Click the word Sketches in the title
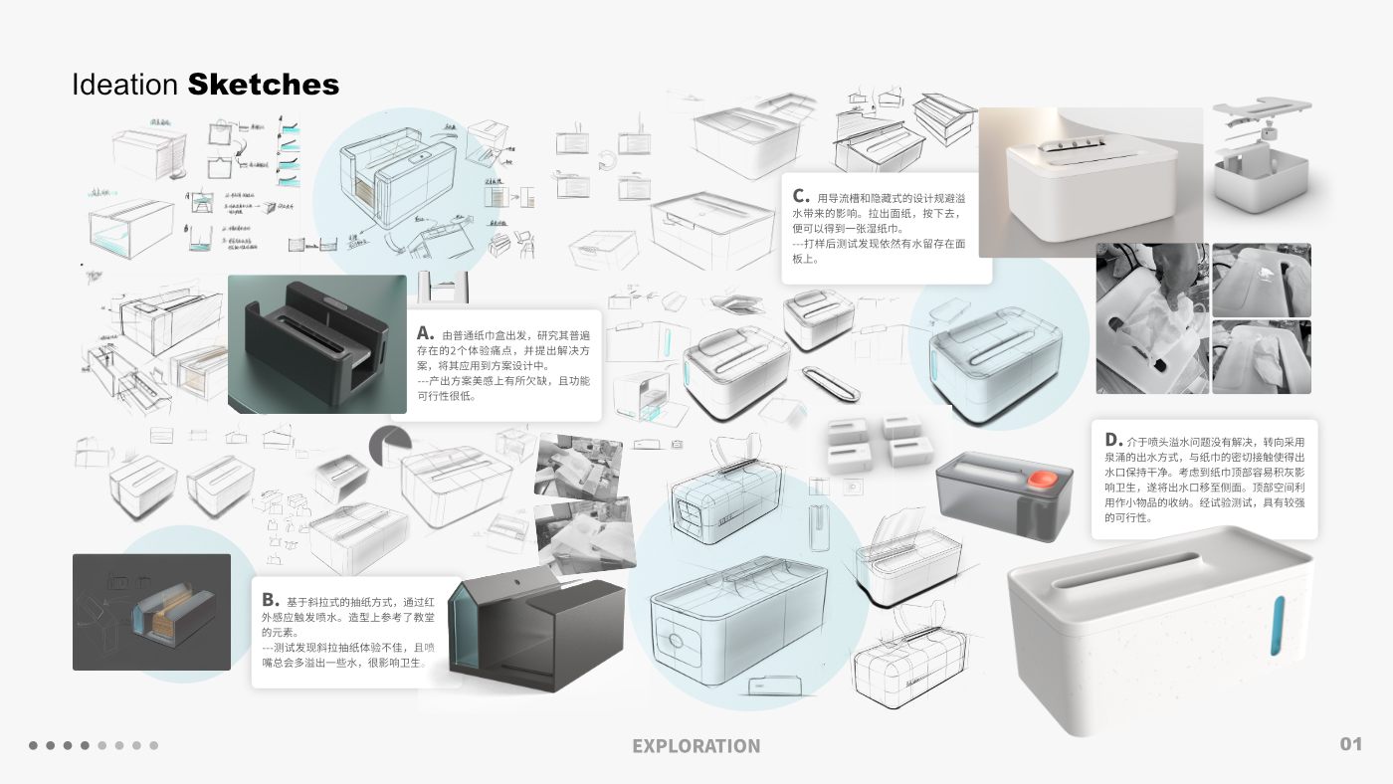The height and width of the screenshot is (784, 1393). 264,85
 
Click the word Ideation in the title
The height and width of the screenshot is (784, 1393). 124,85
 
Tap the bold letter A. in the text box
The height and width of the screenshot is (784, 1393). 425,333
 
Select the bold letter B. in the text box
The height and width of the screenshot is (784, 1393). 270,600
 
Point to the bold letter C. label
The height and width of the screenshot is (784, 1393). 800,196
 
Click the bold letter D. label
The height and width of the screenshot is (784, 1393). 1112,440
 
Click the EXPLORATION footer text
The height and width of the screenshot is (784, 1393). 696,746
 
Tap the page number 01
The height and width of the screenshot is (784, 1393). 1350,744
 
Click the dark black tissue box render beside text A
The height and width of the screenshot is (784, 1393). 316,343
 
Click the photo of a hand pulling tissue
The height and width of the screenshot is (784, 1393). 1151,318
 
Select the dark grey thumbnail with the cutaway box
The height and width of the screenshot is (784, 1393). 151,612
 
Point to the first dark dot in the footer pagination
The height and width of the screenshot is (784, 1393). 33,745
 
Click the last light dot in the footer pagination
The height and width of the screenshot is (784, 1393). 154,745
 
